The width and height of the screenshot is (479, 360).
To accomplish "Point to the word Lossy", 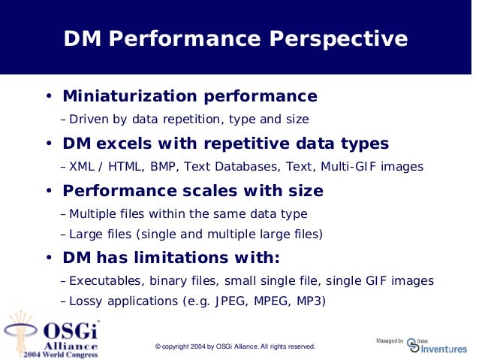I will (84, 301).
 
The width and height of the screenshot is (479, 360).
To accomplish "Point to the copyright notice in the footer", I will (235, 346).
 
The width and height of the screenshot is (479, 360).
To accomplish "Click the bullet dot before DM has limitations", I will (47, 259).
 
